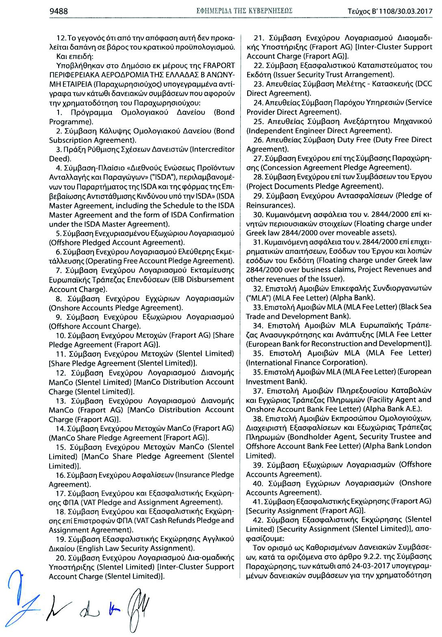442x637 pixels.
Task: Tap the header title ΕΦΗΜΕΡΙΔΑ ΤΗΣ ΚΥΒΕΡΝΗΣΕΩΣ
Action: pyautogui.click(x=244, y=11)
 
